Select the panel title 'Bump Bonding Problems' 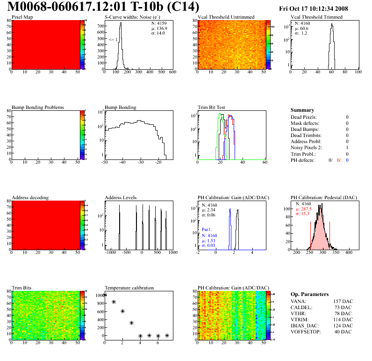(x=37, y=107)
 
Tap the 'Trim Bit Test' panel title (x=211, y=107)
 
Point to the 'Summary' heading (x=302, y=110)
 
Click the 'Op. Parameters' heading (x=309, y=294)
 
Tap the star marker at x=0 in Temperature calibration (x=105, y=295)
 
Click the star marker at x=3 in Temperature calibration (x=131, y=323)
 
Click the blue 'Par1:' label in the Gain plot (x=207, y=230)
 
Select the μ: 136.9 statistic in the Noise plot (x=158, y=28)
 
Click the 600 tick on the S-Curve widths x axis (x=172, y=72)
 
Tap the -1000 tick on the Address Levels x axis (x=110, y=253)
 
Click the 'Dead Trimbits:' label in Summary (x=306, y=135)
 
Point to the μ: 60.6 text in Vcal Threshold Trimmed (x=301, y=28)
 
